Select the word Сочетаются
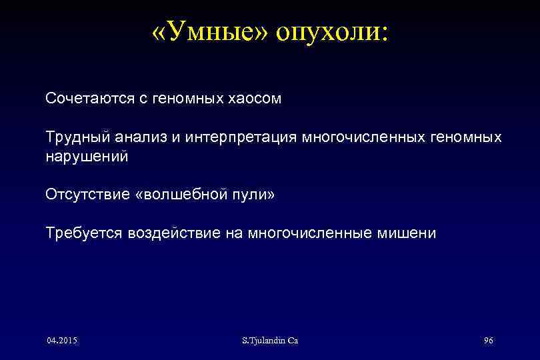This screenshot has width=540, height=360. (87, 99)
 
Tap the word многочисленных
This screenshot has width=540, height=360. (360, 137)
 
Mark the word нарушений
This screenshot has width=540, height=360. (86, 157)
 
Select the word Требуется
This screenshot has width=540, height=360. (83, 233)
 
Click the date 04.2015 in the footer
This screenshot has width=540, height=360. (62, 341)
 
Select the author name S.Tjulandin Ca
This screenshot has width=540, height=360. (270, 341)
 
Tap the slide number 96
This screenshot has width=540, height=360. (488, 341)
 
